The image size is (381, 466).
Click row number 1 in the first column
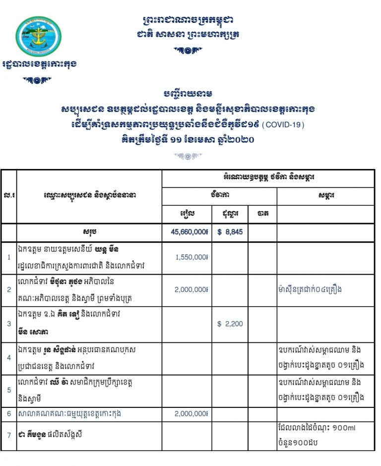8,257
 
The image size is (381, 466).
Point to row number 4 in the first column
8,357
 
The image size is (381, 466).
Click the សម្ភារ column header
325,195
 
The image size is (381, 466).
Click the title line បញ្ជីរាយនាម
190,94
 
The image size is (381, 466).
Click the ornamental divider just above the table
190,156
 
